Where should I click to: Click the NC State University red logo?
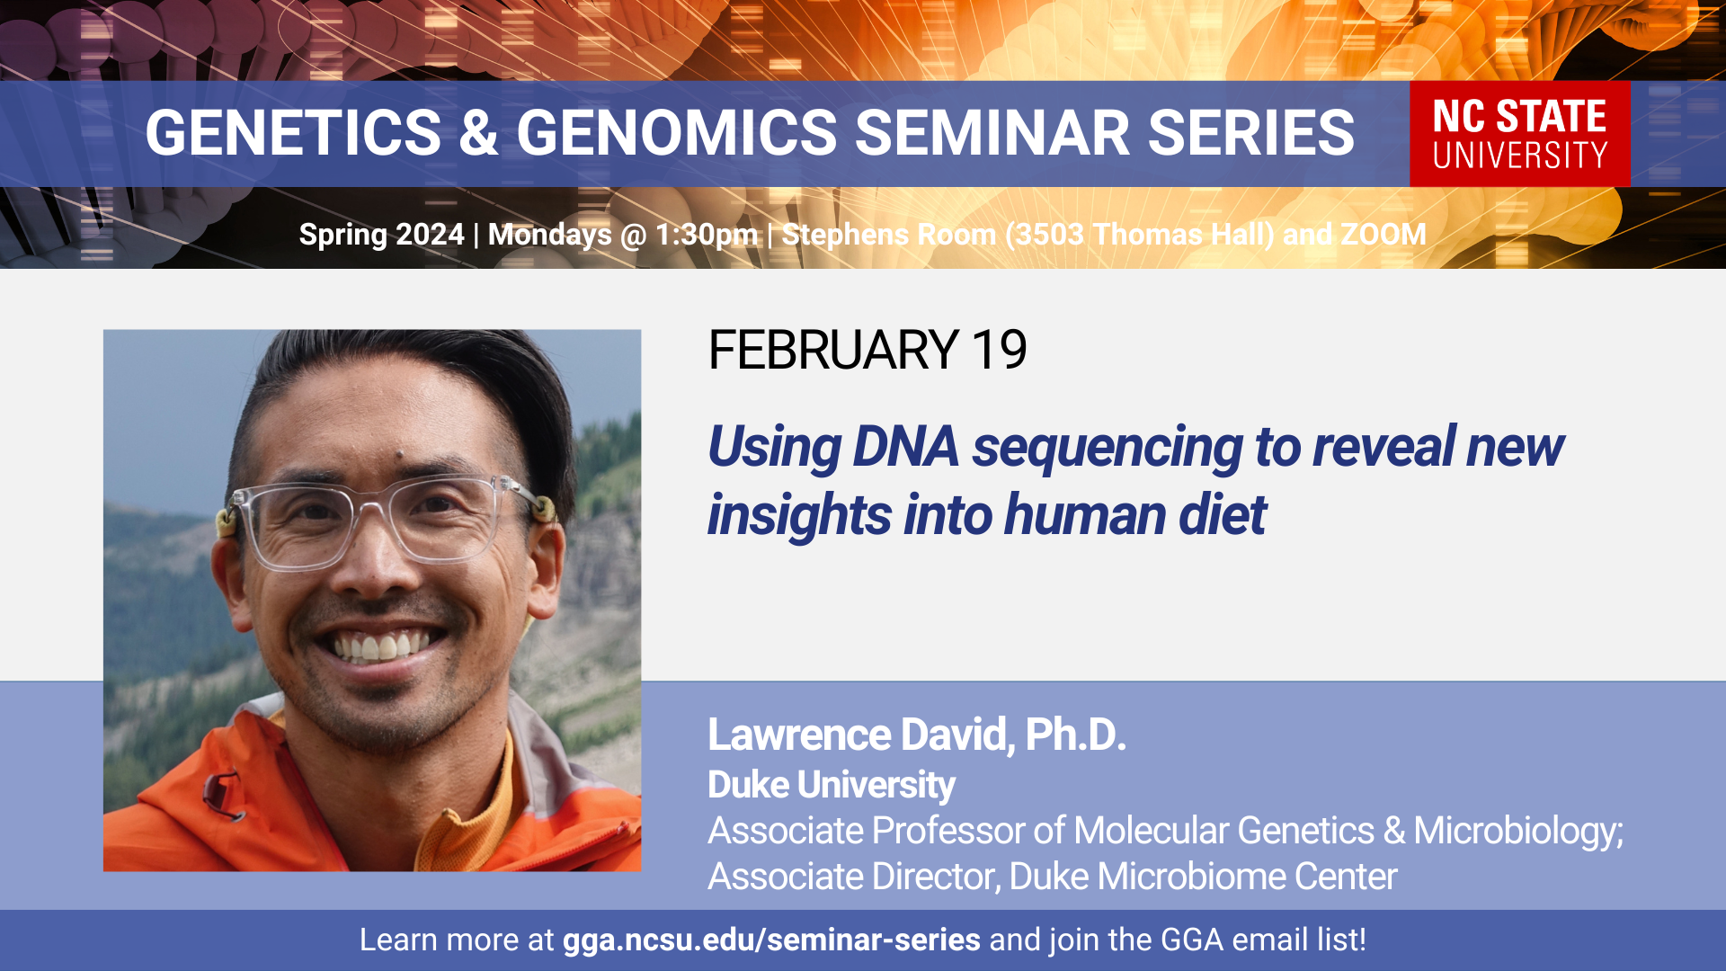[x=1519, y=134]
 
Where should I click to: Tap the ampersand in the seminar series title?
[x=478, y=133]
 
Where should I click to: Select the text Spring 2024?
[x=381, y=235]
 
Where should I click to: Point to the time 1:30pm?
[x=707, y=236]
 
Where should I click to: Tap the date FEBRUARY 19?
[x=867, y=350]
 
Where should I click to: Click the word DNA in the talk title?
[x=905, y=447]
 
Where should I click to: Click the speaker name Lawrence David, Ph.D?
[x=917, y=735]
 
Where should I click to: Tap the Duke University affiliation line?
[x=832, y=785]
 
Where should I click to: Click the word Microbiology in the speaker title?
[x=1518, y=832]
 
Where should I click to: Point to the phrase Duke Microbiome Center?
[x=1203, y=877]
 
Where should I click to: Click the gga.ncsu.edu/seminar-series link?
[x=771, y=940]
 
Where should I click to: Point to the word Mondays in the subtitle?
[x=550, y=236]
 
